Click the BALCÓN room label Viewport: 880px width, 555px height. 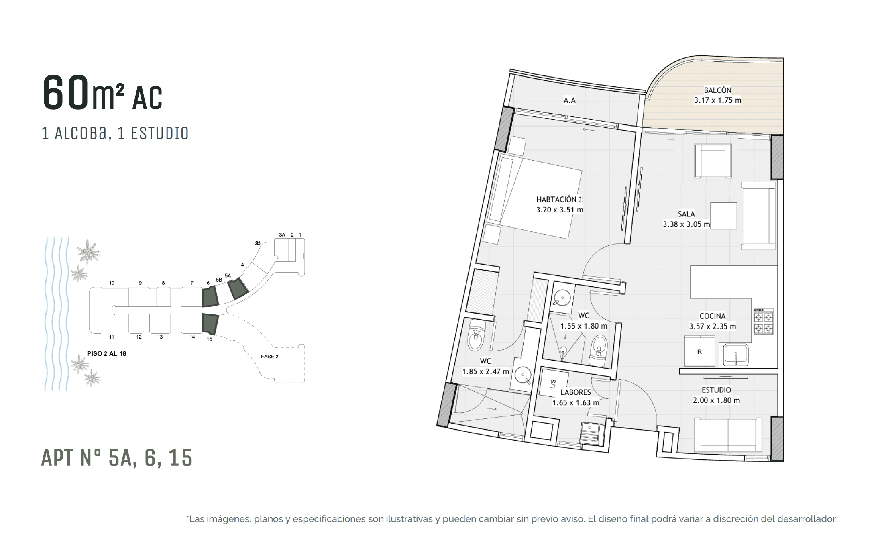click(717, 90)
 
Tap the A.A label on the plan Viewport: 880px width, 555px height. click(569, 100)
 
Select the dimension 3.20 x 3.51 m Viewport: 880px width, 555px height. click(560, 210)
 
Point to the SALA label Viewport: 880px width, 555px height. click(686, 214)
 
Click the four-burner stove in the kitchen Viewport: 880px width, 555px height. click(763, 321)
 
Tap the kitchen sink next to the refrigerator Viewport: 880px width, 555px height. click(735, 355)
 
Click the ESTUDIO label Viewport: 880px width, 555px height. click(716, 390)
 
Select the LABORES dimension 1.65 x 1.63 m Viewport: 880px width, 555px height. click(576, 403)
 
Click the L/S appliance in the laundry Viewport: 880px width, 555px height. click(554, 382)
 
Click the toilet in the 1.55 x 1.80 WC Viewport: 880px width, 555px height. click(599, 351)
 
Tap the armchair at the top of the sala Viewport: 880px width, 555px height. click(713, 161)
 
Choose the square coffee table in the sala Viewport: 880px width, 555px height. click(723, 216)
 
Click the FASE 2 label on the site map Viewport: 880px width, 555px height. click(269, 357)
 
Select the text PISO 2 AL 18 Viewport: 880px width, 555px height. click(106, 354)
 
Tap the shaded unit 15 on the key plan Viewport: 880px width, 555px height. click(210, 324)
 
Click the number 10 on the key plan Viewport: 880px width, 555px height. click(112, 283)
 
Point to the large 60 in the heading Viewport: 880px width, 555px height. click(66, 92)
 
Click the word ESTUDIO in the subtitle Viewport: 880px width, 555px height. click(160, 133)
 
